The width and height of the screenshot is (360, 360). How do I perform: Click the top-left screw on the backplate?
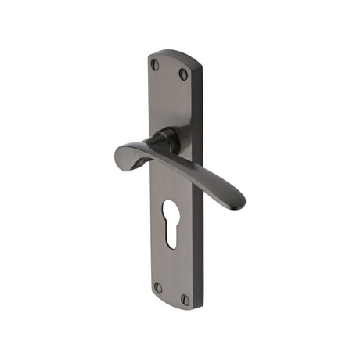coord(154,65)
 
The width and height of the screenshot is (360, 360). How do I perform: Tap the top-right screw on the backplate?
coord(183,74)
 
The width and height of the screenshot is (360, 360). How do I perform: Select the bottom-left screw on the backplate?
coord(157,287)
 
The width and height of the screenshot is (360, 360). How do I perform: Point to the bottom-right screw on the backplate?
coord(185,299)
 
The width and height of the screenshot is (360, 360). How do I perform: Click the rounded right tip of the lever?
coord(237,200)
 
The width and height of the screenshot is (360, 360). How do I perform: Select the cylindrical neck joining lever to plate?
coord(166,140)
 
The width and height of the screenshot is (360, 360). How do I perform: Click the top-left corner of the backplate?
coord(149,56)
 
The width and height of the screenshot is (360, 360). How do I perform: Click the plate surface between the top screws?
coord(169,70)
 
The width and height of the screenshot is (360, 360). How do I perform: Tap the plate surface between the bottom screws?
coord(171,293)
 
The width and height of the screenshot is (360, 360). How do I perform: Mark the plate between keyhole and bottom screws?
coord(171,266)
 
